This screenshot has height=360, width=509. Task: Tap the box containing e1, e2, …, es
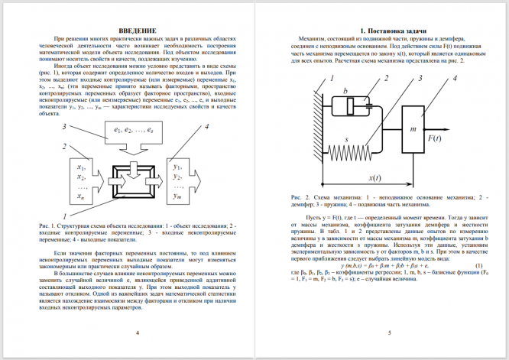tap(135, 131)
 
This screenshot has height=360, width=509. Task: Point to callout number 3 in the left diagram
tap(64, 126)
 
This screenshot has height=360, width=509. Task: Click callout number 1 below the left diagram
tap(64, 217)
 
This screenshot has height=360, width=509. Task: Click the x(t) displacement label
tap(374, 177)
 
